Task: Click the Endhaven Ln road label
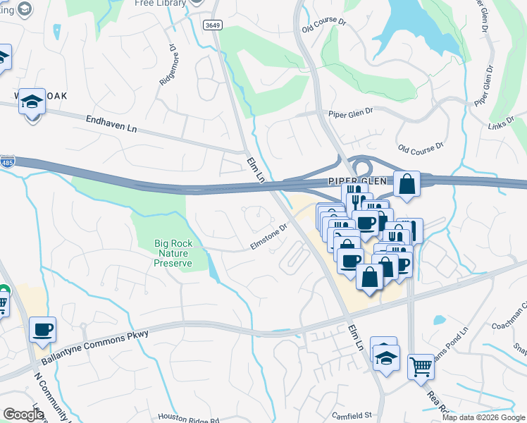point(111,124)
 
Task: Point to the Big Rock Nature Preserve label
point(173,253)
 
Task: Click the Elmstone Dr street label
point(269,237)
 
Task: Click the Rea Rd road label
point(431,402)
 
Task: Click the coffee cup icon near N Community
point(43,329)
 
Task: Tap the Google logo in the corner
point(23,414)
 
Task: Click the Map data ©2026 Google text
point(483,417)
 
